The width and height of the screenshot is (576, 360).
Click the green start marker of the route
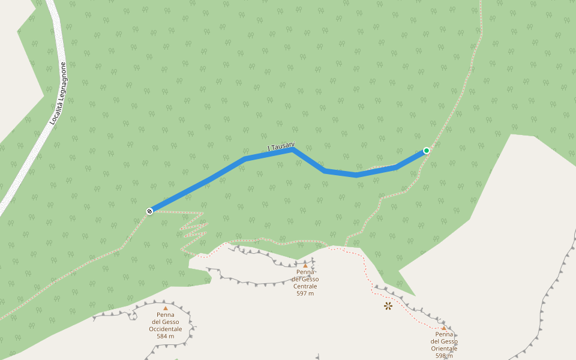(x=426, y=151)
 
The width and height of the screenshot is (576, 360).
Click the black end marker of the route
(x=149, y=211)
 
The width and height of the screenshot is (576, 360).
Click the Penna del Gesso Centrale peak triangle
(x=305, y=265)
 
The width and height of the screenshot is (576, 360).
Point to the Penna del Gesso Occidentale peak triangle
(x=166, y=308)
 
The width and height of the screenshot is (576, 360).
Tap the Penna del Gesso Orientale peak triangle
(x=444, y=328)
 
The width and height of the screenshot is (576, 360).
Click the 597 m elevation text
(x=305, y=293)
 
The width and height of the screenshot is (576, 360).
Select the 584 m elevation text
(x=166, y=336)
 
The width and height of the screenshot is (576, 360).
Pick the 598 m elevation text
(x=444, y=356)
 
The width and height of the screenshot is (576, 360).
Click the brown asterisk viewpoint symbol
(x=388, y=306)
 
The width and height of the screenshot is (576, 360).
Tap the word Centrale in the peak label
(x=305, y=286)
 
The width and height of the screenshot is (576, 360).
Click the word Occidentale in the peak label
(x=166, y=329)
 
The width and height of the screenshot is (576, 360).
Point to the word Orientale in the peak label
(x=444, y=349)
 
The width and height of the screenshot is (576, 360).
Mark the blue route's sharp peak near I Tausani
(x=293, y=150)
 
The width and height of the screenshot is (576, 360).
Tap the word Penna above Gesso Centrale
(x=305, y=272)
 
